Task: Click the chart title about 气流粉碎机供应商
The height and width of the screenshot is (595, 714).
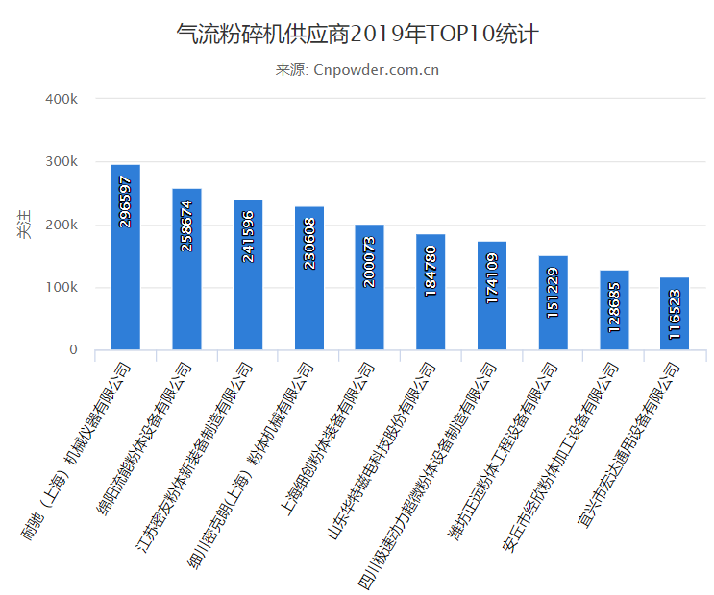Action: pyautogui.click(x=357, y=36)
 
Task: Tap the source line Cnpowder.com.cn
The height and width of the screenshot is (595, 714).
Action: pyautogui.click(x=357, y=69)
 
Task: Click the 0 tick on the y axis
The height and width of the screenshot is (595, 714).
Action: pyautogui.click(x=72, y=350)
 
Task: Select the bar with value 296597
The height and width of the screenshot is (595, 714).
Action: pyautogui.click(x=125, y=257)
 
